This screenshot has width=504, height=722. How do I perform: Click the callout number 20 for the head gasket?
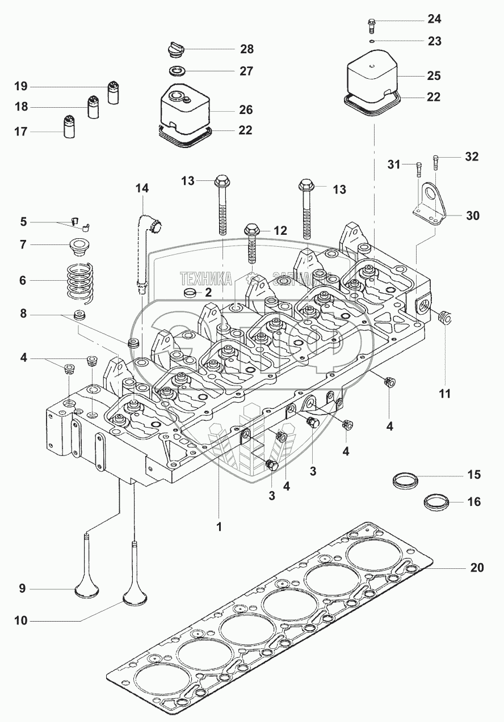(477, 568)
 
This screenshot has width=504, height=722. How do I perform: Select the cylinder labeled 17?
(70, 127)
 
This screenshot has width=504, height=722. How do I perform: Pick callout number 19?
(21, 87)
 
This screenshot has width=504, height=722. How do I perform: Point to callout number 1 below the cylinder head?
(219, 526)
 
